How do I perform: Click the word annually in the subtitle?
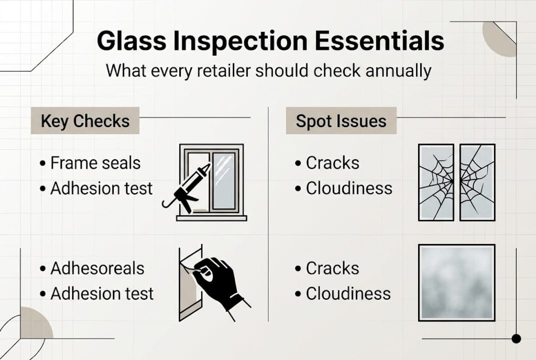(398, 70)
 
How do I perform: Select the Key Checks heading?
(85, 121)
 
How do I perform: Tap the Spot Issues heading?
(341, 121)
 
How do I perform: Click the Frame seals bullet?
(95, 163)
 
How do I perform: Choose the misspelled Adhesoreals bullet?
(97, 268)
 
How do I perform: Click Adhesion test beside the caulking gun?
(101, 188)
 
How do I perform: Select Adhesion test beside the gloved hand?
(102, 293)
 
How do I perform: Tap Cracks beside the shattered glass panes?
(332, 163)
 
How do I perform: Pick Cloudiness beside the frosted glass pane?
(348, 293)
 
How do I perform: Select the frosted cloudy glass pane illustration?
(457, 282)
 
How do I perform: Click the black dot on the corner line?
(516, 338)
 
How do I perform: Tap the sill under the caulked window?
(211, 218)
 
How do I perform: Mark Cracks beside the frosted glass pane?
(332, 268)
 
